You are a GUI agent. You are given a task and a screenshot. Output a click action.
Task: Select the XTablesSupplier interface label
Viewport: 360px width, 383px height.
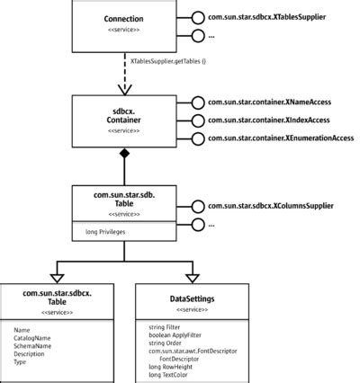[x=266, y=17]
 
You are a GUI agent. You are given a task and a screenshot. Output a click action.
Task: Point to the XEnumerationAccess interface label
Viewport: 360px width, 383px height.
[x=280, y=138]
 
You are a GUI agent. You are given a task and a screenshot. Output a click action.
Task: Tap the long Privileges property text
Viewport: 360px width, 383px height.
[x=99, y=231]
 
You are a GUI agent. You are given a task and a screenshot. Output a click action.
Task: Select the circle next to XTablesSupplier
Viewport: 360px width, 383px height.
[x=198, y=17]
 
